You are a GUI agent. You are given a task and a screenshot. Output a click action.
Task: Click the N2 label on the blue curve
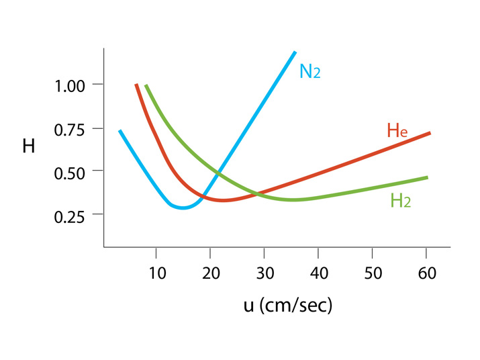tap(309, 71)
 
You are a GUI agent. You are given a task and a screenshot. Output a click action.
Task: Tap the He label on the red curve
tap(397, 130)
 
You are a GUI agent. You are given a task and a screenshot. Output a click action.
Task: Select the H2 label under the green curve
tap(400, 200)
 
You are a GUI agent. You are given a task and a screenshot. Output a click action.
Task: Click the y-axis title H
tap(29, 146)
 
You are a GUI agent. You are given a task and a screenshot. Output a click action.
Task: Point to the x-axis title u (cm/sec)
tap(288, 305)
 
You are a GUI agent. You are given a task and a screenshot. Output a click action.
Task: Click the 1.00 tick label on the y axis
tap(70, 85)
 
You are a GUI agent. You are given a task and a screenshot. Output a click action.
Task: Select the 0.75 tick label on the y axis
tap(70, 128)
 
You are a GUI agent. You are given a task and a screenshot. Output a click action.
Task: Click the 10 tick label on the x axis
tap(156, 273)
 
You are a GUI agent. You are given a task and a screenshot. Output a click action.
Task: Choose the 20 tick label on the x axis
tap(210, 273)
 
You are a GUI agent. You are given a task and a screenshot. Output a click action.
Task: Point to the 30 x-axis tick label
tap(265, 273)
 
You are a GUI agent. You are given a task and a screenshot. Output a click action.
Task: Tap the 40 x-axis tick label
tap(319, 273)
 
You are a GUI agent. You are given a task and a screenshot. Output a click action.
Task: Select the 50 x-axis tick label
tap(373, 273)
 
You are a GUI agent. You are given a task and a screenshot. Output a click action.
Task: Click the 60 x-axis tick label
tap(427, 273)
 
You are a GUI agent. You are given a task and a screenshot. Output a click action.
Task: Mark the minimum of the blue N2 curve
tap(183, 208)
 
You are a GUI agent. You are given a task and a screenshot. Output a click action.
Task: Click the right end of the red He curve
tap(429, 133)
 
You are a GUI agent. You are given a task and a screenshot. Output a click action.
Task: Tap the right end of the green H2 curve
tap(427, 177)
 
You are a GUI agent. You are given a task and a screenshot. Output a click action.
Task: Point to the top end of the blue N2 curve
tap(294, 52)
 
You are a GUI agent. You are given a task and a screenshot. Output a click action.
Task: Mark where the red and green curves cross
tap(258, 195)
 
